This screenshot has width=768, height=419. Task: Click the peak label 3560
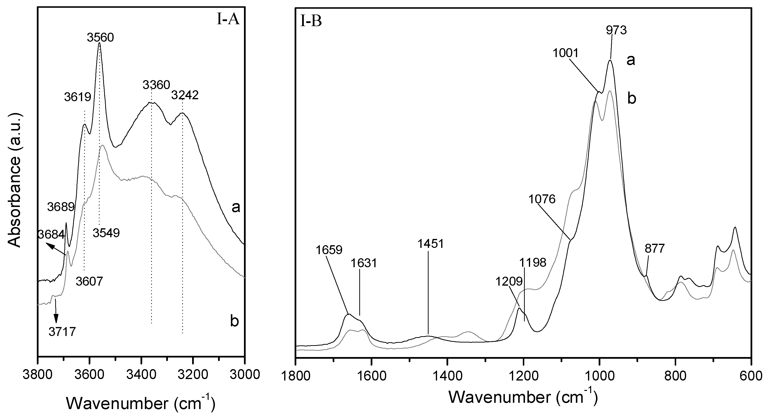tap(101, 38)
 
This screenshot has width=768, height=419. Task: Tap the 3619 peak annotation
tap(78, 97)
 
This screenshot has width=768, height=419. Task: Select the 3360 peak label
tap(156, 85)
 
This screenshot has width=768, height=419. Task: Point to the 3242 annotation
tap(185, 95)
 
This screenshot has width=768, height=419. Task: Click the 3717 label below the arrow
tap(62, 331)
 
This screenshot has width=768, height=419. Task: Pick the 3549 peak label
tap(106, 233)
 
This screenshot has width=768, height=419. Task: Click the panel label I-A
tap(228, 20)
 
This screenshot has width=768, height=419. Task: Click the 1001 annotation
tap(565, 53)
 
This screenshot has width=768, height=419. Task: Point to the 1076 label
tap(542, 199)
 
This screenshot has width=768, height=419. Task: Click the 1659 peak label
tap(329, 250)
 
